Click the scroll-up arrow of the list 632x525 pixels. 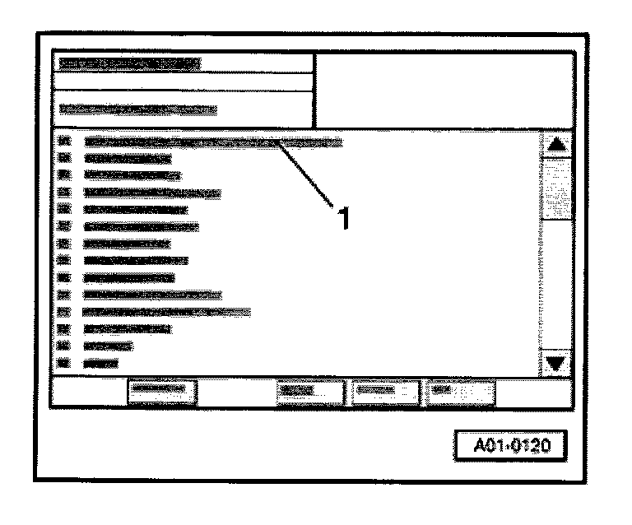pos(557,144)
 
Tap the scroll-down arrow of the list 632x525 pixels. pos(557,363)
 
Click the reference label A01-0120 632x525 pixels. pos(511,446)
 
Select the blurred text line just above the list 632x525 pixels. pos(138,108)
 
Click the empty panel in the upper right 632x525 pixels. pos(443,91)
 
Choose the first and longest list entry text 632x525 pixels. pos(212,142)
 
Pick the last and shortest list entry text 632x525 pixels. pos(100,362)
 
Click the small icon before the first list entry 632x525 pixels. pos(65,142)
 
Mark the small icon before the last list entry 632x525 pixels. pos(65,362)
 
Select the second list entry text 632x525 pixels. pos(128,157)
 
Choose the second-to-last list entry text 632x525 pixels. pos(108,346)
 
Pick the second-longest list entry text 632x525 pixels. pos(166,312)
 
